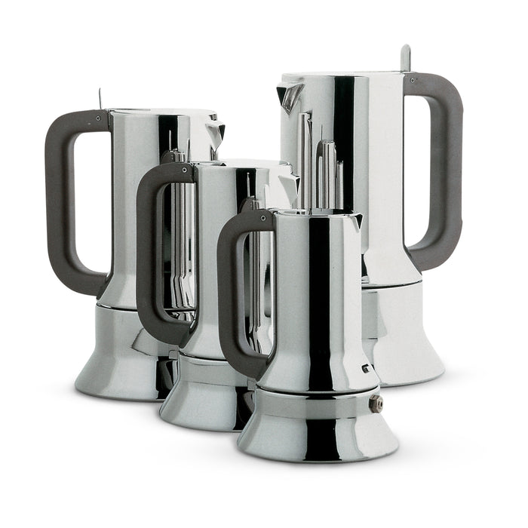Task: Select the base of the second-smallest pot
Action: [200, 400]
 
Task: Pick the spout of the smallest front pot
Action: [356, 221]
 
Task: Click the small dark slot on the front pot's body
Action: [364, 369]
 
